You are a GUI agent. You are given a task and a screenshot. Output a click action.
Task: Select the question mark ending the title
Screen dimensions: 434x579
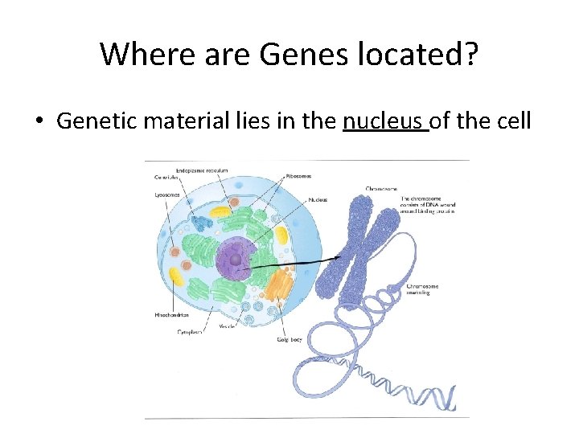[470, 54]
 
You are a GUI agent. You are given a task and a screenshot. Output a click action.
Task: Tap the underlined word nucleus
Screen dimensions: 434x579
[384, 122]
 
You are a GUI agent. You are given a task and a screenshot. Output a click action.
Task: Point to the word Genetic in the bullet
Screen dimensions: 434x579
[95, 122]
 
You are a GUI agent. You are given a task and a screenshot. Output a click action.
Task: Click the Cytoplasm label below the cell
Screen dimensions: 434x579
[192, 330]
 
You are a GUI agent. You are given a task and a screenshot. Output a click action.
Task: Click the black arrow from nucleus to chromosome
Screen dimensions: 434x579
[289, 264]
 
